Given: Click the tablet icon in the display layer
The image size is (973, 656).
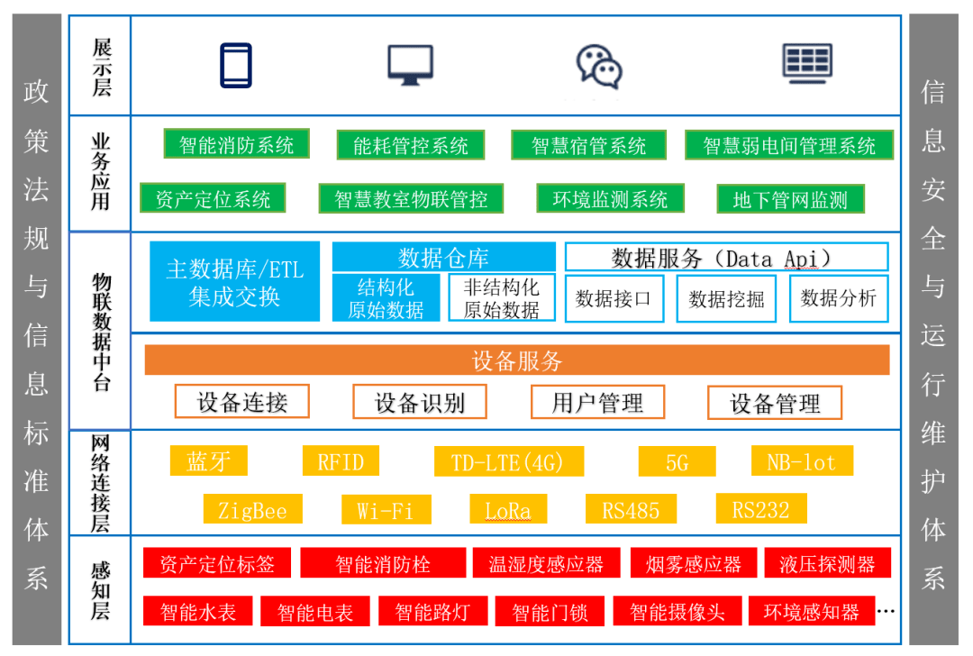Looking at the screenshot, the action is click(x=236, y=65).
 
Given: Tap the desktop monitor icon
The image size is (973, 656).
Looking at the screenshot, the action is click(x=410, y=65).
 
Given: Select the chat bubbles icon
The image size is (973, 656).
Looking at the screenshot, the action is click(x=599, y=67).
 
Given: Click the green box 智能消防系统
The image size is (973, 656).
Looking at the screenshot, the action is click(x=236, y=144).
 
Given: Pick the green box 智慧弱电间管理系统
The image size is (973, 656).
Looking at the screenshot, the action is click(x=788, y=145).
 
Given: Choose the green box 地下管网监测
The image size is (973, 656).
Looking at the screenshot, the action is click(x=790, y=199).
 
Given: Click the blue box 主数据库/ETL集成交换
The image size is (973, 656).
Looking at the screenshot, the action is click(x=234, y=281).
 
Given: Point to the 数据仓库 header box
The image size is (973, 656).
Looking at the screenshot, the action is click(x=443, y=257).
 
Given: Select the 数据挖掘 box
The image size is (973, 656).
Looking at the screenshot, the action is click(x=726, y=298).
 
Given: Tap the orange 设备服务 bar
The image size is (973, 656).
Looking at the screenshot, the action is click(x=517, y=360).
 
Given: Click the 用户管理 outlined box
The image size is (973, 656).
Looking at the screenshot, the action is click(x=597, y=402).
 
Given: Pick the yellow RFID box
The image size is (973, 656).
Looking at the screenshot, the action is click(x=341, y=461).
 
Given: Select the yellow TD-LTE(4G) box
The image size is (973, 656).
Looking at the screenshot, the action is click(x=509, y=461).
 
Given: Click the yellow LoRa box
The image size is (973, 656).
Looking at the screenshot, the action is click(x=508, y=509).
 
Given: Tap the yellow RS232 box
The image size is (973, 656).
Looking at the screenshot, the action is click(x=760, y=509).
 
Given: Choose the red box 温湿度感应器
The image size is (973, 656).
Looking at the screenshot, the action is click(x=546, y=563).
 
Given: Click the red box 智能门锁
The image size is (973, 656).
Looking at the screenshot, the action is click(x=550, y=611).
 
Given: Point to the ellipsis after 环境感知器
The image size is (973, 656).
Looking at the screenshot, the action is click(x=886, y=611).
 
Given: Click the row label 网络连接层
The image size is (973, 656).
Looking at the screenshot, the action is click(x=100, y=483).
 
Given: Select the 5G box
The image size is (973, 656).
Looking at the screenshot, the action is click(x=677, y=461).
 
